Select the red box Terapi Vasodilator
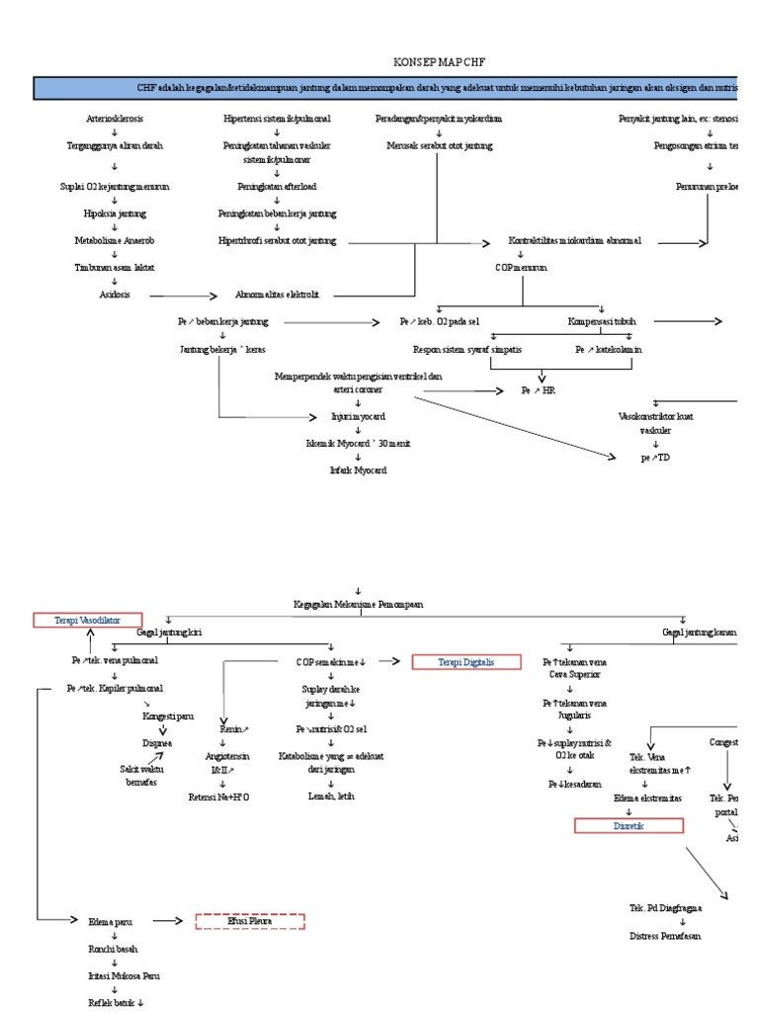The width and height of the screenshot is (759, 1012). [x=87, y=620]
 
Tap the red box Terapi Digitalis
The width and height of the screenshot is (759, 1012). [x=465, y=662]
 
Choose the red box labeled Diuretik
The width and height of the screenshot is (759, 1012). [x=629, y=825]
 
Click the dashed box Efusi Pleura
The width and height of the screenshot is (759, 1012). [x=250, y=921]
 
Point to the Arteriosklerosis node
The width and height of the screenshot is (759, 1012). [x=115, y=119]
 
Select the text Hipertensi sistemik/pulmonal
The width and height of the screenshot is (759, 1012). [x=277, y=119]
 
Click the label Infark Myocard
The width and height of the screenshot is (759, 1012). [x=358, y=470]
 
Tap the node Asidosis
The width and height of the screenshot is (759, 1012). [x=115, y=295]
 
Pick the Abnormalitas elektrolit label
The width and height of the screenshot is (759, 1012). [x=277, y=295]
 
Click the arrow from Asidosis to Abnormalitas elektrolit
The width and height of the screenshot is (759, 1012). [x=184, y=295]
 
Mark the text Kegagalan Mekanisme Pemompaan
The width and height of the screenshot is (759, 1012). [x=358, y=602]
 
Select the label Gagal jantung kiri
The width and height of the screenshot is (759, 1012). [x=169, y=632]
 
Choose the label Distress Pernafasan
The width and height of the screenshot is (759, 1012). [x=665, y=934]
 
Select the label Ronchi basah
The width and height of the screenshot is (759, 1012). [x=115, y=948]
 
